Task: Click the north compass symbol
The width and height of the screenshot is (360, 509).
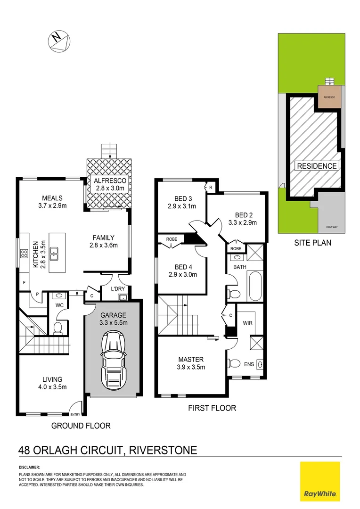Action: pyautogui.click(x=59, y=40)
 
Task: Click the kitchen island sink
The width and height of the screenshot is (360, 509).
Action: pyautogui.click(x=55, y=254)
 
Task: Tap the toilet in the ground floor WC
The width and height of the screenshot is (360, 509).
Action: pyautogui.click(x=58, y=327)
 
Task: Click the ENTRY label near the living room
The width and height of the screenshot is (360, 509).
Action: pyautogui.click(x=75, y=415)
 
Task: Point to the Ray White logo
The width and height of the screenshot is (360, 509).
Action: pyautogui.click(x=320, y=481)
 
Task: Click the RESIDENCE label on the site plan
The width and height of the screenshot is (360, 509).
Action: pyautogui.click(x=317, y=166)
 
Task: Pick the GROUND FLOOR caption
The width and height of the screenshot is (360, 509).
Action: pyautogui.click(x=81, y=426)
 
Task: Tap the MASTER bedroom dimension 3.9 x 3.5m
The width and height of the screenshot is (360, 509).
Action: pyautogui.click(x=191, y=368)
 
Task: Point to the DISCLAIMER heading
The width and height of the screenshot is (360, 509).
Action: pyautogui.click(x=29, y=467)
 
